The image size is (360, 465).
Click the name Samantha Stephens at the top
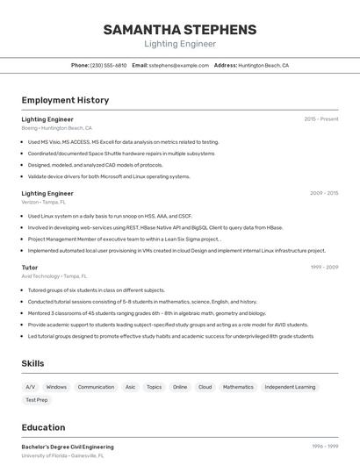click(x=180, y=29)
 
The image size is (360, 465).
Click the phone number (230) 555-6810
click(x=109, y=65)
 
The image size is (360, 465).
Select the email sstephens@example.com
click(x=173, y=65)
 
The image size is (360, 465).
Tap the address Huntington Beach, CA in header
click(x=263, y=65)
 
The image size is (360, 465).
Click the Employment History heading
click(x=65, y=100)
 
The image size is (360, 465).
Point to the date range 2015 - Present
click(x=321, y=118)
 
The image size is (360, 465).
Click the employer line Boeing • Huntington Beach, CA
click(x=56, y=128)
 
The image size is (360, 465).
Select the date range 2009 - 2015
click(x=324, y=193)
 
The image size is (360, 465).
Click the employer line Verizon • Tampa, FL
click(x=43, y=202)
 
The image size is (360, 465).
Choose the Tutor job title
click(x=30, y=267)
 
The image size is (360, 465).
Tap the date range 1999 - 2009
click(x=324, y=267)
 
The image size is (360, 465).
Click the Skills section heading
click(x=33, y=363)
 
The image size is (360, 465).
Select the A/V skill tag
click(x=31, y=387)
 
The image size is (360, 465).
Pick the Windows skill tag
click(x=56, y=387)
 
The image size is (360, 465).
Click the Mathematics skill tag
click(x=238, y=387)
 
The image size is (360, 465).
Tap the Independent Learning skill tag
click(x=290, y=387)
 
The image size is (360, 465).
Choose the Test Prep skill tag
click(x=37, y=400)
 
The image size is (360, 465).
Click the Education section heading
click(x=43, y=427)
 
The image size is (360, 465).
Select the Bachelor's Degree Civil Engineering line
click(x=68, y=447)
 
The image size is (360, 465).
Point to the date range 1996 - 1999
click(x=324, y=447)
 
